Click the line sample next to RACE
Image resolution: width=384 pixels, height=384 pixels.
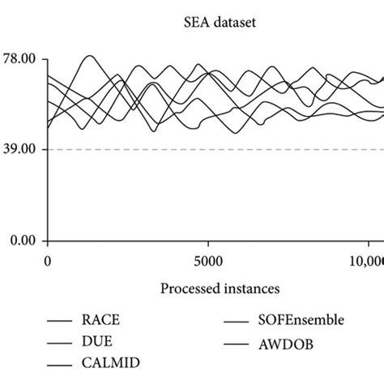point(57,322)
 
